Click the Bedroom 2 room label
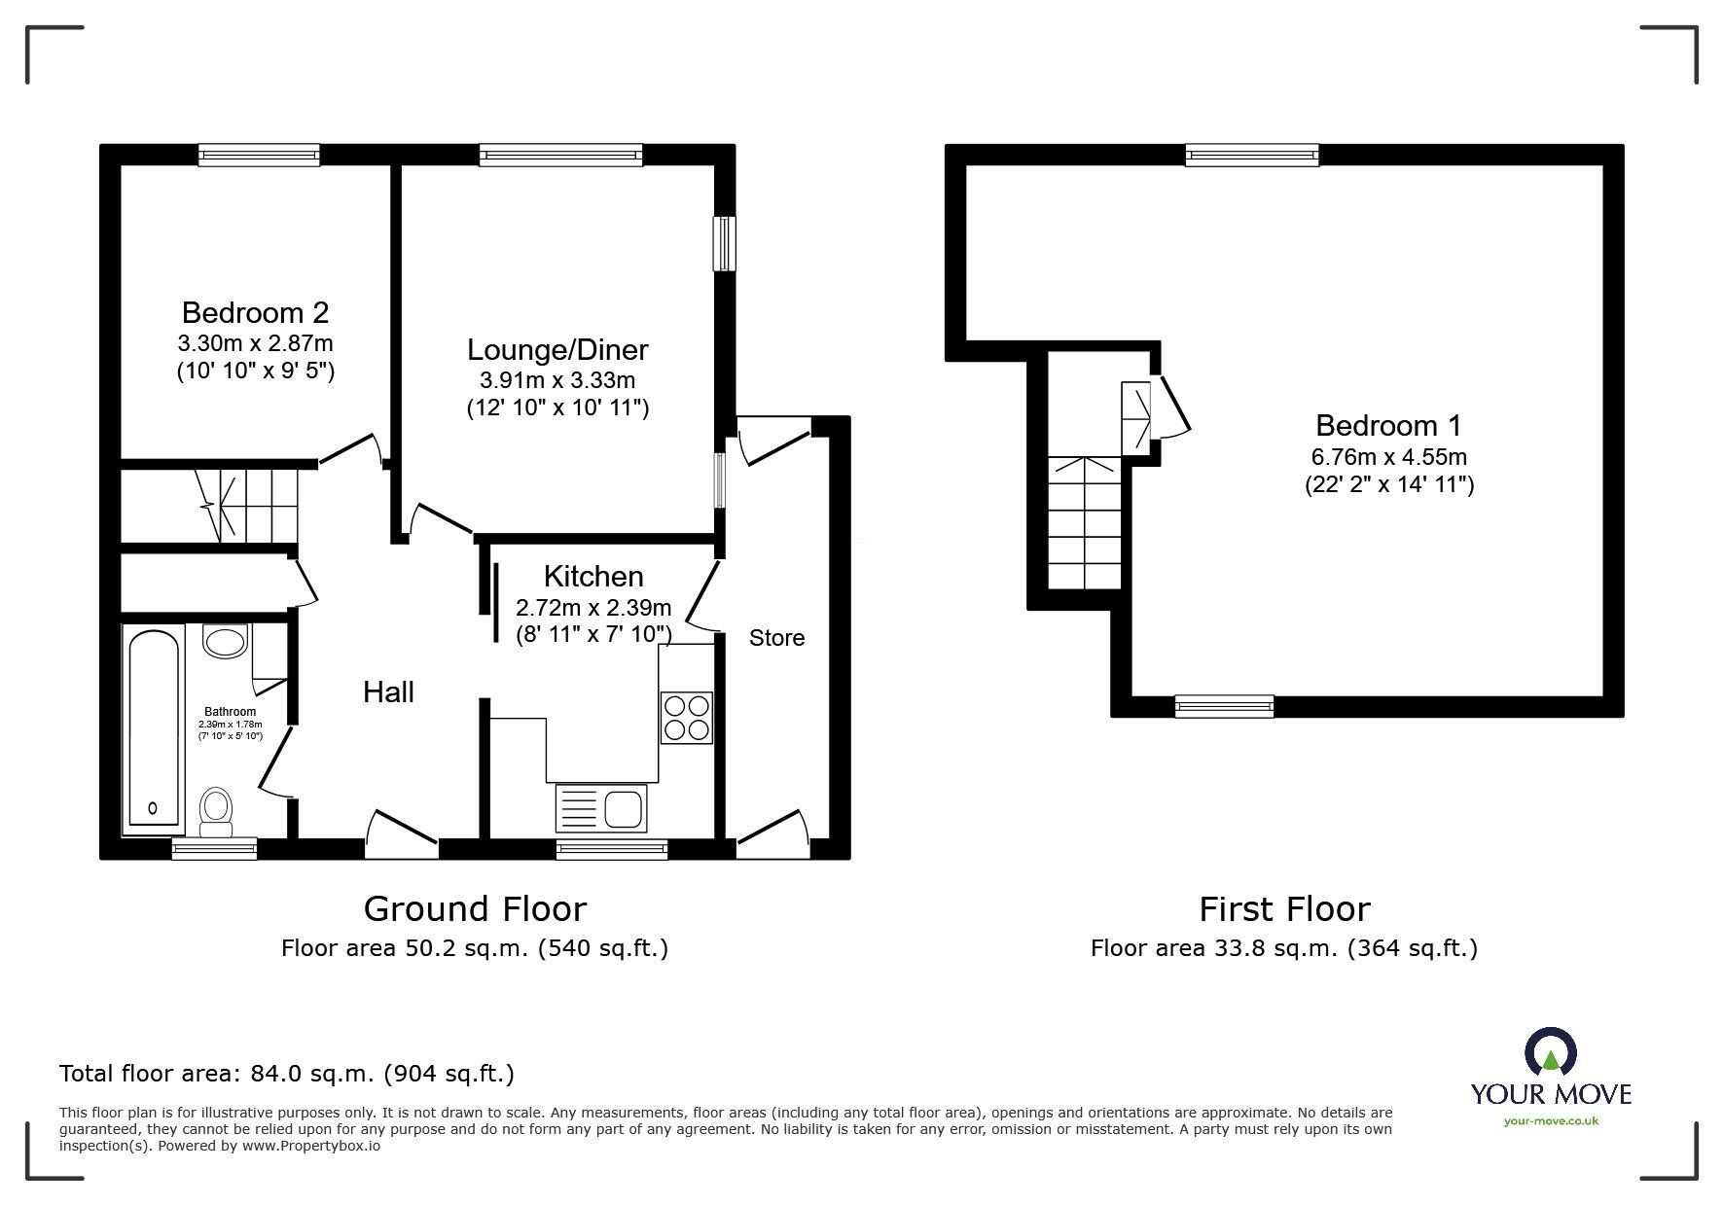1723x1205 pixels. click(x=255, y=312)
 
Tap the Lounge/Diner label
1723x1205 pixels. click(x=557, y=349)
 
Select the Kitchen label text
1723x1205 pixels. click(x=593, y=576)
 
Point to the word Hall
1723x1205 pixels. click(x=388, y=691)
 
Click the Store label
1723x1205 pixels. click(x=776, y=638)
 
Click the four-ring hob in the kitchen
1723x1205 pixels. click(x=687, y=717)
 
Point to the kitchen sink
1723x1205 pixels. click(x=601, y=808)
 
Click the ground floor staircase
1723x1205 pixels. click(x=247, y=506)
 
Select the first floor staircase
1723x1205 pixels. click(x=1085, y=522)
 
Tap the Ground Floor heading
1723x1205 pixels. click(x=475, y=908)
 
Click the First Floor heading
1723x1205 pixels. click(x=1284, y=908)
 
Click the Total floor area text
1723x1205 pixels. click(x=287, y=1074)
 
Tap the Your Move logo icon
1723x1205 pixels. click(x=1551, y=1051)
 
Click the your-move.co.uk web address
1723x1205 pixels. click(x=1551, y=1120)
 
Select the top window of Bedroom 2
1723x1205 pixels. click(x=259, y=154)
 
